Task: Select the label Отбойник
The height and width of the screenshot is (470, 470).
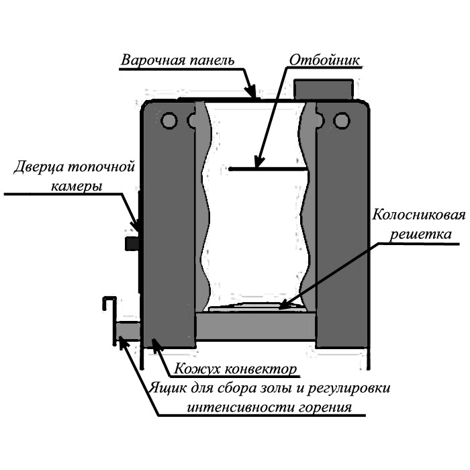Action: click(324, 60)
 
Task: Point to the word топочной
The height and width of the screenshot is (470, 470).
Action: click(101, 167)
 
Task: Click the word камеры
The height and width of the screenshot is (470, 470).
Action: click(77, 187)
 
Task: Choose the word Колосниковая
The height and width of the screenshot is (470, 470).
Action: click(419, 215)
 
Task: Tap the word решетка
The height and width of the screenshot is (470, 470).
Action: click(420, 234)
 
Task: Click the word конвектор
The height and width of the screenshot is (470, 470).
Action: click(261, 369)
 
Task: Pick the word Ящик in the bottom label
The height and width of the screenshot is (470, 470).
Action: click(165, 389)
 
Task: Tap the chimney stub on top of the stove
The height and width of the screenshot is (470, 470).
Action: click(323, 89)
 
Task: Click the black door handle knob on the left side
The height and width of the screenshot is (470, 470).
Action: click(132, 243)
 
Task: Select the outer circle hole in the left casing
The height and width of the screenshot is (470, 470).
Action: click(169, 120)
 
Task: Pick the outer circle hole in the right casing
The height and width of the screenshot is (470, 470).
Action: click(342, 120)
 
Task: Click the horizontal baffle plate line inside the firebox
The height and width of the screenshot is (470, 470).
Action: click(269, 169)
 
